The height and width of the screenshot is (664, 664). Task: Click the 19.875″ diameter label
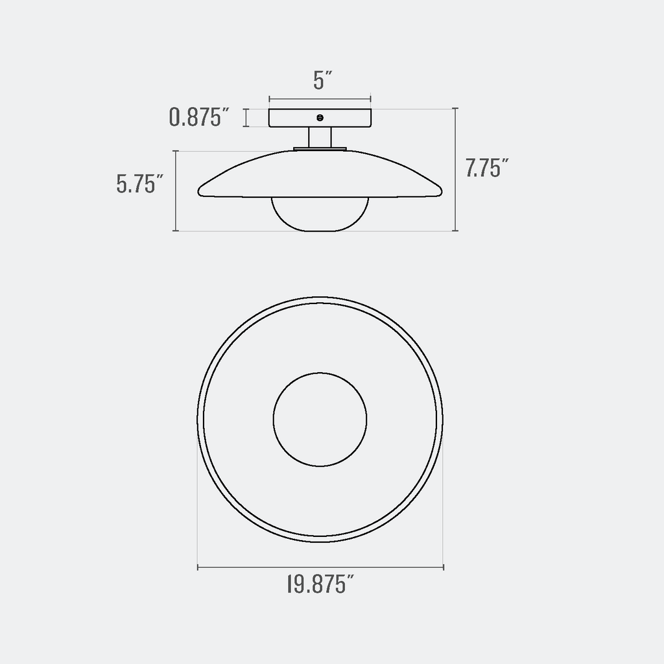pos(320,586)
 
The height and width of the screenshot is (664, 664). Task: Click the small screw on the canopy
pos(320,117)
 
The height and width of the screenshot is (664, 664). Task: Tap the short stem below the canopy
pos(320,137)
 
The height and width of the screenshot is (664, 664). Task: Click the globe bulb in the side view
pos(320,214)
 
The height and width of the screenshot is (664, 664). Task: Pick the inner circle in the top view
pos(320,420)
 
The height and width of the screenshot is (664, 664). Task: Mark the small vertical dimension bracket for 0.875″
pos(246,118)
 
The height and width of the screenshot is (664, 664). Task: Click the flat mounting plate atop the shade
pos(320,149)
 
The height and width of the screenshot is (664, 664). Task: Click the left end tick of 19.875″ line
pos(198,568)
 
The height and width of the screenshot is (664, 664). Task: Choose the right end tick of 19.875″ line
pos(443,568)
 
